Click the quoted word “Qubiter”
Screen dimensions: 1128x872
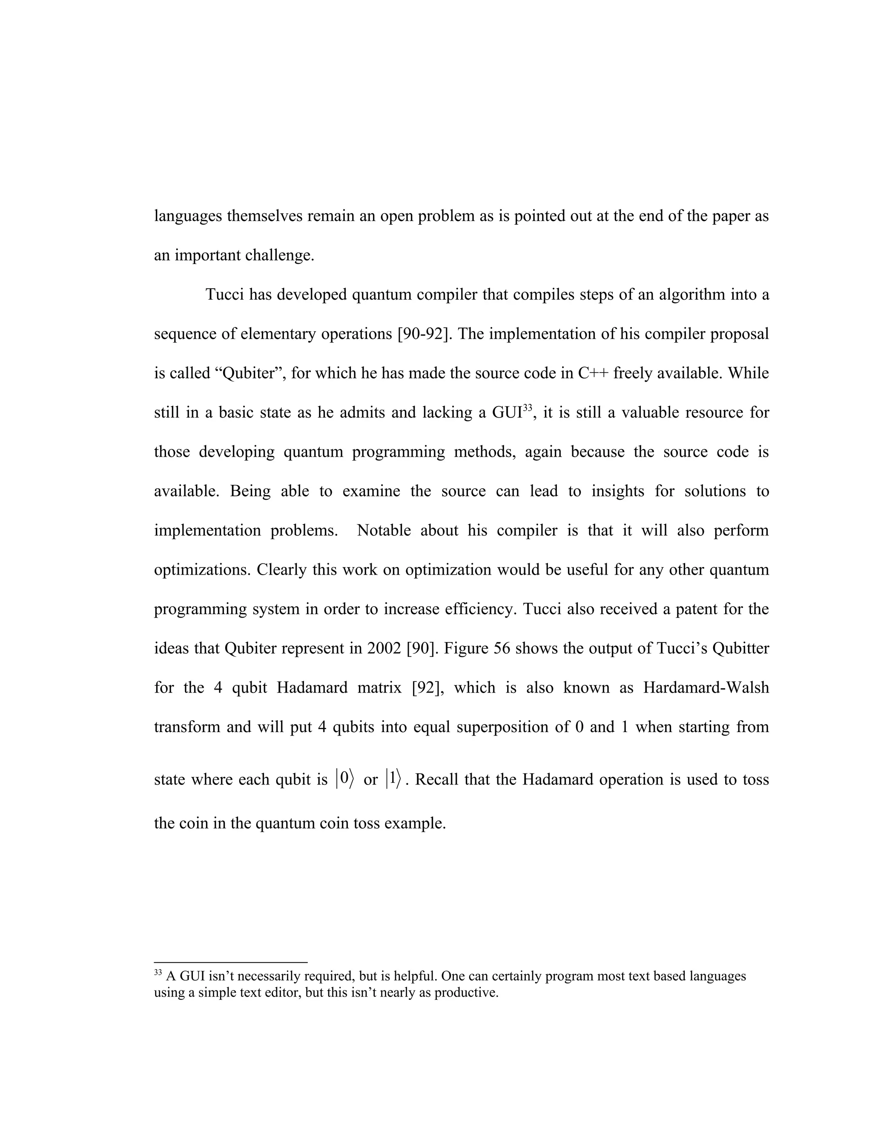[x=249, y=373]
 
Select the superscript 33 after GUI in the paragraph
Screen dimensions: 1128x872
[x=527, y=408]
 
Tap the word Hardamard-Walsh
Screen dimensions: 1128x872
[x=706, y=688]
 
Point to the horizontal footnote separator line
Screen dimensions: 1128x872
[x=230, y=962]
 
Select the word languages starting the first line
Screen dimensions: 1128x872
[x=188, y=216]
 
